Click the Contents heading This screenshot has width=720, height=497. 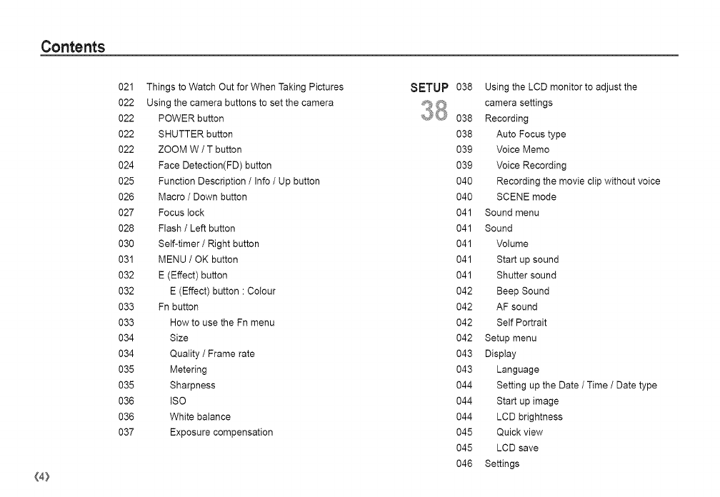point(73,47)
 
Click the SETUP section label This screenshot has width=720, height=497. point(429,89)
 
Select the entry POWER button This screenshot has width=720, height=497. point(191,119)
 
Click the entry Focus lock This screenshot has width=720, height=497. point(181,213)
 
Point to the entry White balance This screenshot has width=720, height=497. point(200,417)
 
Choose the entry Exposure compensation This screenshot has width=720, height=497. point(221,433)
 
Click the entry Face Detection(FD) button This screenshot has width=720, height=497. point(215,166)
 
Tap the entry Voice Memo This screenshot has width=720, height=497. point(523,150)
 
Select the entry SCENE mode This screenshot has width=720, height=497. point(526,197)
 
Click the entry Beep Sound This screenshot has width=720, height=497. point(523,291)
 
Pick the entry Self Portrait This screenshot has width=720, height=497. point(521,323)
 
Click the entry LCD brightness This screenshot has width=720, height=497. point(529,417)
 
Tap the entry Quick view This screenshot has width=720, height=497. point(519,433)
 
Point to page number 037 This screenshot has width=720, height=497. point(126,433)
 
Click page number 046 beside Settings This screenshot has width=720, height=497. point(464,464)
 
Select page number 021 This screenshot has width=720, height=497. point(126,87)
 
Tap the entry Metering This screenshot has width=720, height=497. point(188,370)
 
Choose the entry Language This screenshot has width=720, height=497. point(518,370)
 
